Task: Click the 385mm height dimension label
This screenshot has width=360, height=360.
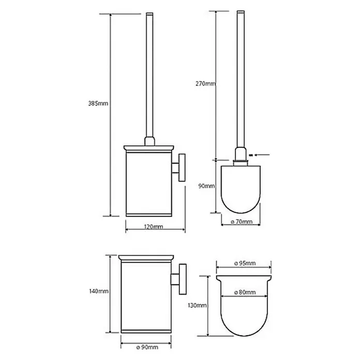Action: click(x=98, y=103)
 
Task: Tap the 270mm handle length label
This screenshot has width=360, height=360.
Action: click(x=205, y=84)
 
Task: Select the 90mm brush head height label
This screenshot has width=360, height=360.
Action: click(x=206, y=186)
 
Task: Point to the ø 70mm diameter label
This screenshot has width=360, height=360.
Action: click(x=242, y=221)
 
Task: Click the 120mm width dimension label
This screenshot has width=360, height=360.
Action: click(x=154, y=227)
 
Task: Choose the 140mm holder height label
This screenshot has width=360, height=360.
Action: click(x=99, y=291)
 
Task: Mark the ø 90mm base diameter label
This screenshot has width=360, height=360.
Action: click(x=147, y=347)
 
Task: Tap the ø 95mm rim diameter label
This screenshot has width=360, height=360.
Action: click(x=245, y=263)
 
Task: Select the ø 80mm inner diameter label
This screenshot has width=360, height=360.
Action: click(x=245, y=292)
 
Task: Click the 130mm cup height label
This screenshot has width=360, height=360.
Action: click(x=197, y=305)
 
